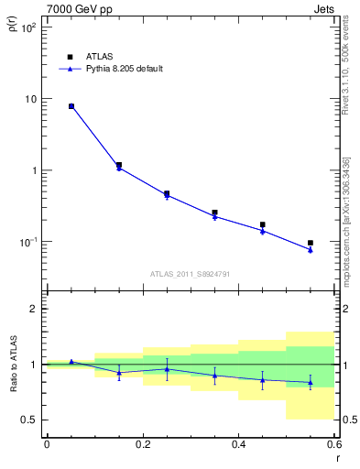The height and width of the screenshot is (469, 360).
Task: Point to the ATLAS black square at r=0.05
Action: point(71,106)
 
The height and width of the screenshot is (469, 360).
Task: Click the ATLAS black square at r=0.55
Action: point(311,243)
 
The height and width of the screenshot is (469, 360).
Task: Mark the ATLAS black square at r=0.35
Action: point(214,213)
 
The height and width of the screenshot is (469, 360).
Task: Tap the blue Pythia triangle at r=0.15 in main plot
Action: point(118,169)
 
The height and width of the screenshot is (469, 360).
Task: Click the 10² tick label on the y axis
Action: point(27,27)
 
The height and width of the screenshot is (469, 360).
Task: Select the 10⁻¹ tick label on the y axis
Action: point(27,242)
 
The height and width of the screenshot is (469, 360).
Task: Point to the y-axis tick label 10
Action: point(30,99)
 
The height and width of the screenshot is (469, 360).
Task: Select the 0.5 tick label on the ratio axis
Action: point(29,420)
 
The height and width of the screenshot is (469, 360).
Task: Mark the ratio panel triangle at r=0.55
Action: point(311,382)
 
